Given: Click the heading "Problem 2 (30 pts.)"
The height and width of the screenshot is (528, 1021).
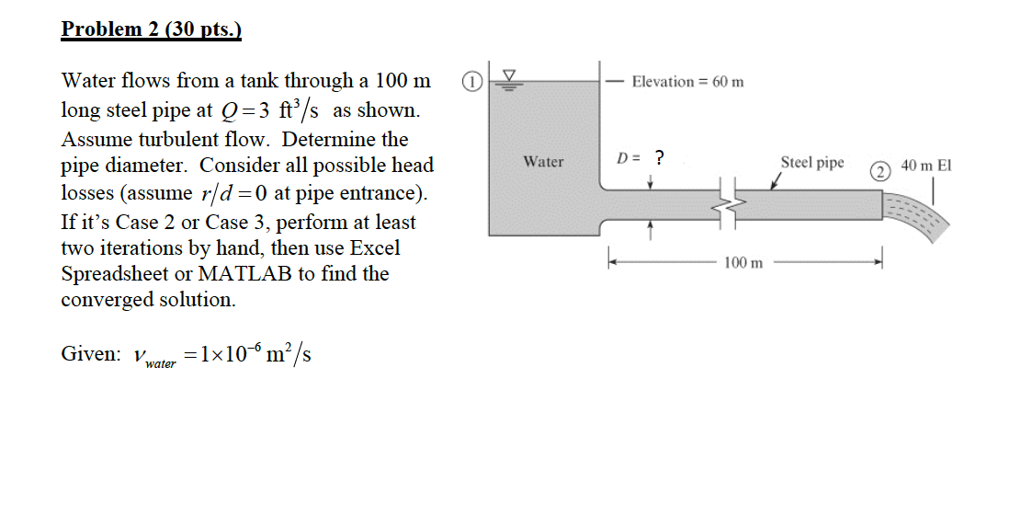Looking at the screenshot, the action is pos(151,29).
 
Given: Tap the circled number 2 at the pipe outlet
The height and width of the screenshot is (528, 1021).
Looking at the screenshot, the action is pos(880,170).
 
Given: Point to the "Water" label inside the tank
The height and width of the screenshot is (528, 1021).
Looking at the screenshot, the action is pos(543,162).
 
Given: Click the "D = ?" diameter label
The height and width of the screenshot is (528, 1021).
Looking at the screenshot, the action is pos(641,157).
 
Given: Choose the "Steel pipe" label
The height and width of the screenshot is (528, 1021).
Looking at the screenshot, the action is pos(812,163).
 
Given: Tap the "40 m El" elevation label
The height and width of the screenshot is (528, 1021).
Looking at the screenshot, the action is pos(926,166).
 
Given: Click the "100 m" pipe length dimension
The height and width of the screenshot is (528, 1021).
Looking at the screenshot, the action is pos(743,263).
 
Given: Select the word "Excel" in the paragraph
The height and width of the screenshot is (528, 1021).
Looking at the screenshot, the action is pos(375,248).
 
